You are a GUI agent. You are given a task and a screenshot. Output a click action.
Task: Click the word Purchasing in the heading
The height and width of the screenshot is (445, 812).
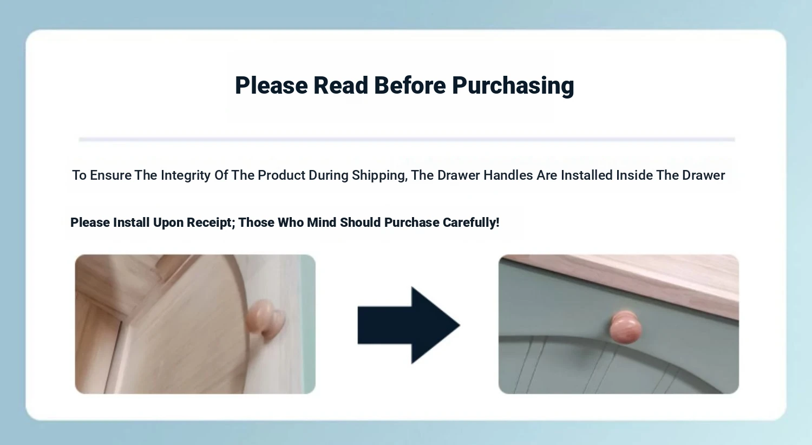point(513,86)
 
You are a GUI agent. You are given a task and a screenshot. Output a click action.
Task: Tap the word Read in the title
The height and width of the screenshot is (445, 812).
point(340,86)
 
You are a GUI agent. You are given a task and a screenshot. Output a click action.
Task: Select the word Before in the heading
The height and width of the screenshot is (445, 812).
point(410,86)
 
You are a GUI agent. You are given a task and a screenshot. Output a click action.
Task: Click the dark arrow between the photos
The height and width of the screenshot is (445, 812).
point(409,325)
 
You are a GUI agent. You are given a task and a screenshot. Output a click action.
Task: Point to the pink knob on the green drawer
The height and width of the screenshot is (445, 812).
point(625,327)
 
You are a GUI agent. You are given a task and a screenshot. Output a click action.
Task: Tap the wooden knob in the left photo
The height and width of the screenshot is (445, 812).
point(266,319)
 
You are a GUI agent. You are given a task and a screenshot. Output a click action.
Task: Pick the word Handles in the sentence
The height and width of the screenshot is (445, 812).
point(508,175)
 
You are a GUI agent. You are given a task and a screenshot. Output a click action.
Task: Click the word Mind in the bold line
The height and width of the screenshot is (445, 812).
point(322,222)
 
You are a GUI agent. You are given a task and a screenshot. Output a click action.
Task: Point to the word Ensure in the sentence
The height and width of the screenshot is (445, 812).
point(110,176)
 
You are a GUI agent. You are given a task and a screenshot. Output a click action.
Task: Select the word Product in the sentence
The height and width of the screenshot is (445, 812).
point(281,175)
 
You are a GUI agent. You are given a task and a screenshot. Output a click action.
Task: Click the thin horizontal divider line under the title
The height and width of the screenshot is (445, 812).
point(407,140)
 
